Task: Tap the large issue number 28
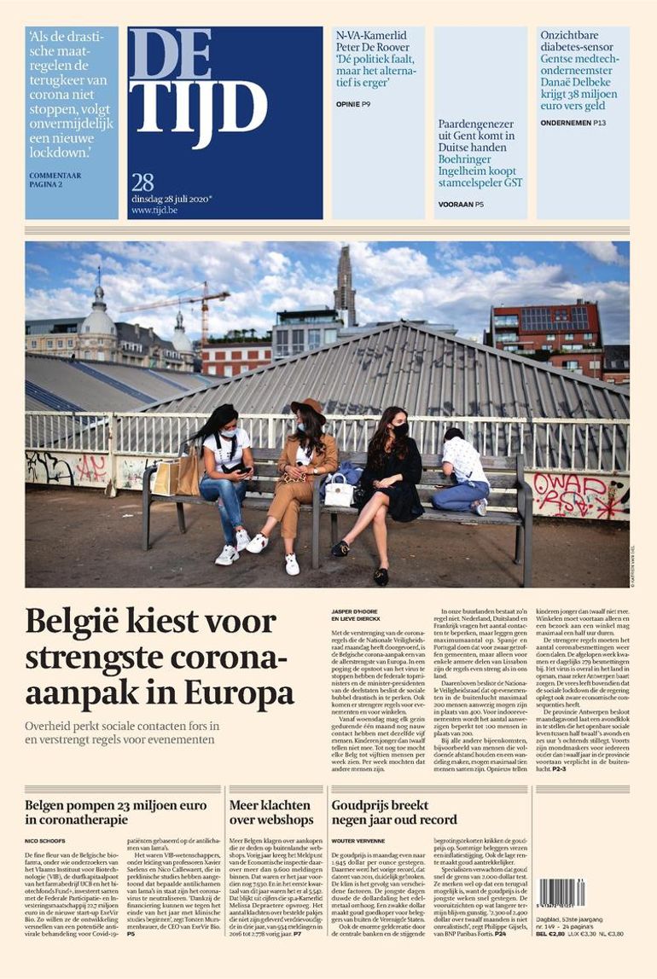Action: pyautogui.click(x=142, y=182)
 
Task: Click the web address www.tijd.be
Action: pyautogui.click(x=153, y=209)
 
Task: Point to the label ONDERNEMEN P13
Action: pyautogui.click(x=573, y=123)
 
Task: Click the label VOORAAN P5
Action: pyautogui.click(x=461, y=204)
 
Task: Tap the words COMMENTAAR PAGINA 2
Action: pyautogui.click(x=56, y=180)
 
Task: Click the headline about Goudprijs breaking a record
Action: pyautogui.click(x=393, y=811)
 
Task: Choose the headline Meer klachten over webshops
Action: pyautogui.click(x=271, y=811)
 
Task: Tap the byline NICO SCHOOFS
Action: pyautogui.click(x=42, y=841)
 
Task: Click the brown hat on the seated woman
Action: pyautogui.click(x=308, y=407)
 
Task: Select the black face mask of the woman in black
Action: pyautogui.click(x=399, y=430)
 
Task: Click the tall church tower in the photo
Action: pyautogui.click(x=345, y=281)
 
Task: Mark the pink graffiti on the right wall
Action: pyautogui.click(x=570, y=495)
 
